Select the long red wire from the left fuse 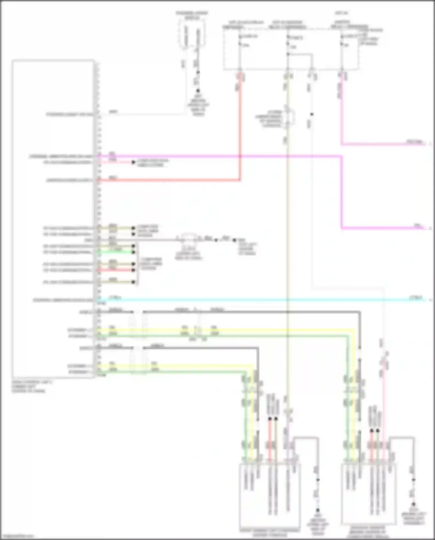174,180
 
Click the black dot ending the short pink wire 133,162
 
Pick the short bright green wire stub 116,252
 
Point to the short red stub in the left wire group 116,270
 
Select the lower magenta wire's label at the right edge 418,226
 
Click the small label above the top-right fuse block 338,13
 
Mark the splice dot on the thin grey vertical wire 312,114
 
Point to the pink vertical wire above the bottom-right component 383,406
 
